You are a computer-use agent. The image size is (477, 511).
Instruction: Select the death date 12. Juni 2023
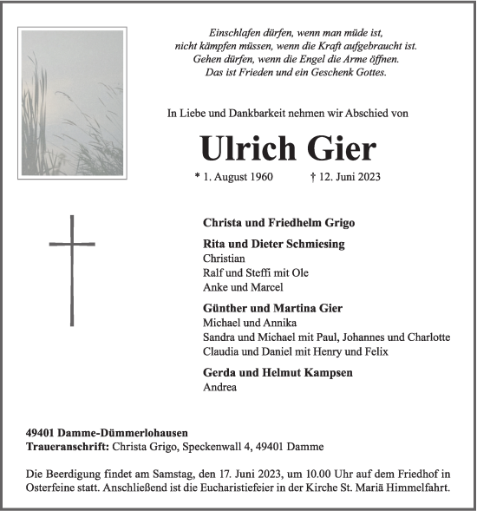(x=344, y=178)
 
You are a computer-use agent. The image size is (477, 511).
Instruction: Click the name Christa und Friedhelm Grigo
(x=278, y=223)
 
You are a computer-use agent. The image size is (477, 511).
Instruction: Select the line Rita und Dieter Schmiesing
(x=273, y=244)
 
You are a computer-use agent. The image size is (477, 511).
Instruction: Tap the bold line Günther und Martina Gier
(x=272, y=308)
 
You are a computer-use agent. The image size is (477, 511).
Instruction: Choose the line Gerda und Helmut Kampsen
(x=277, y=372)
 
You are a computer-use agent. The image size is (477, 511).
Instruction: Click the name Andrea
(x=219, y=387)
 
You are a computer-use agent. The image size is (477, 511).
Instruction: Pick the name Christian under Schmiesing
(x=224, y=259)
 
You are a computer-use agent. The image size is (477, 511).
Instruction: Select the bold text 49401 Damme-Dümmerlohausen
(x=107, y=432)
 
